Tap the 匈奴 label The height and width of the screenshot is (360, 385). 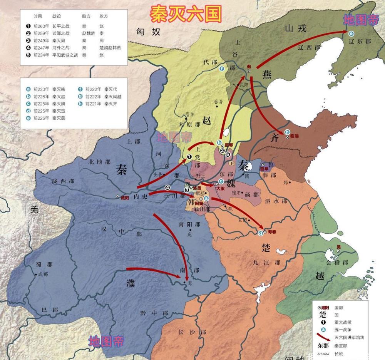pos(148,32)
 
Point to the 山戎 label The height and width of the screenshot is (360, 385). pos(296,28)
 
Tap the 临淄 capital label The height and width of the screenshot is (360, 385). pos(294,136)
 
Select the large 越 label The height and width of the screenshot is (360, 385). pos(320,276)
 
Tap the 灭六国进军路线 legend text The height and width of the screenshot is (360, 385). pos(349,337)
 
